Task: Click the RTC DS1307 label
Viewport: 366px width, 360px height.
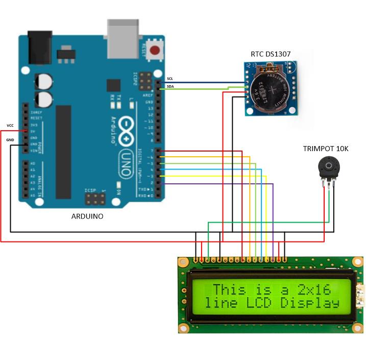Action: click(x=271, y=54)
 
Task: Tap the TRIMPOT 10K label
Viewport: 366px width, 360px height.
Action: click(x=326, y=149)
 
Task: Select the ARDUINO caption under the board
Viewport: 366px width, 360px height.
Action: click(x=87, y=217)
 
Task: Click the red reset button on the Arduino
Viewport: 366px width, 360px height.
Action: click(x=156, y=50)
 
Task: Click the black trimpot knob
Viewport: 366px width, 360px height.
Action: click(x=326, y=166)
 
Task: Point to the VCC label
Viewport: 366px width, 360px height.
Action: click(x=10, y=125)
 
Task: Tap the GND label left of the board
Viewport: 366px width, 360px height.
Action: click(x=10, y=139)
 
